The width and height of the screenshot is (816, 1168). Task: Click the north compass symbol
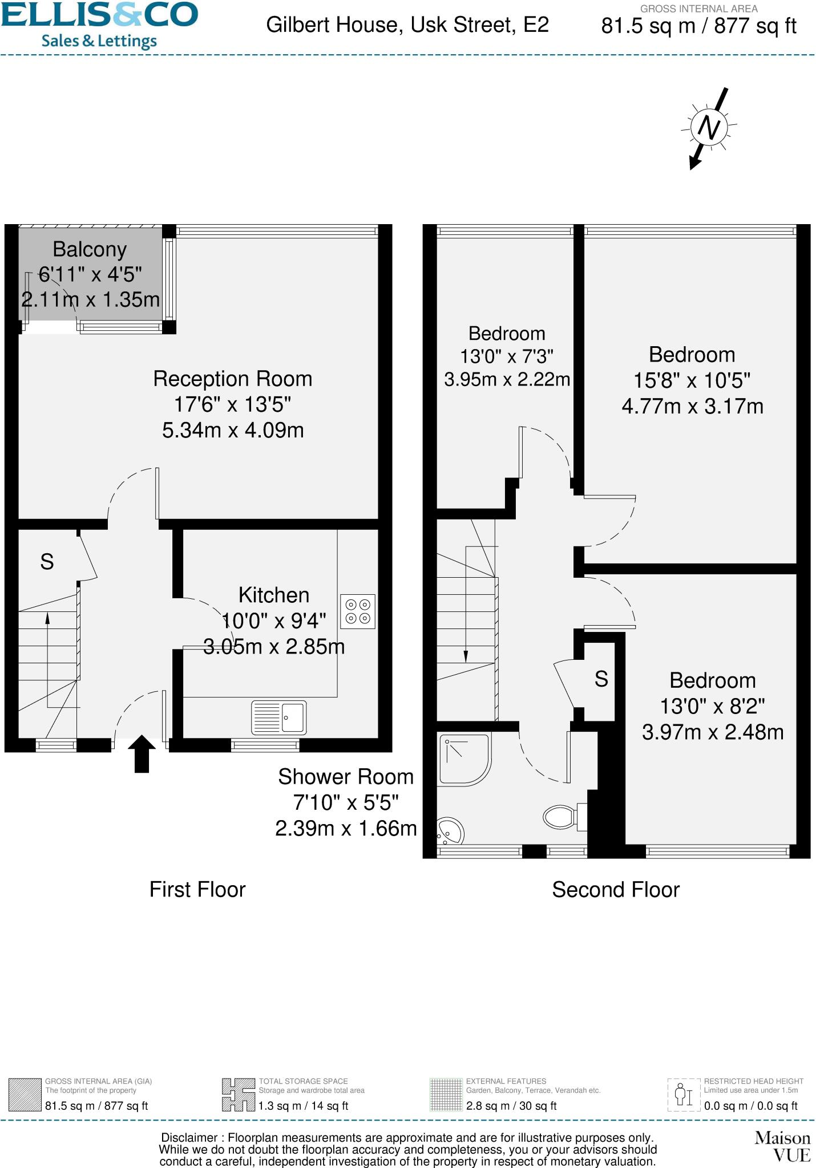709,128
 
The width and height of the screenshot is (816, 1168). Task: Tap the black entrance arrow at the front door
142,753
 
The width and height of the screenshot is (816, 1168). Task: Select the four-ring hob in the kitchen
358,612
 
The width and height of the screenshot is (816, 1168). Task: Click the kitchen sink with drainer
279,717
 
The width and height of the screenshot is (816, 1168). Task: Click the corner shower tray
464,759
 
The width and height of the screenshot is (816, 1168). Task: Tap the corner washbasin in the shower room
449,832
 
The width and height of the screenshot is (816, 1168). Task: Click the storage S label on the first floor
47,562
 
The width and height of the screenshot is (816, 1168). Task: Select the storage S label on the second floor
601,679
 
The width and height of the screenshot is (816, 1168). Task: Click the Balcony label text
90,250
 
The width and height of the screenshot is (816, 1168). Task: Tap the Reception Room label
233,379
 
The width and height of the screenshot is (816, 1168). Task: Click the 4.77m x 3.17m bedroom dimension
692,407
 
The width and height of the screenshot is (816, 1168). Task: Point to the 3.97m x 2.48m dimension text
713,732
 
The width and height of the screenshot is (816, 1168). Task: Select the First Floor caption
197,890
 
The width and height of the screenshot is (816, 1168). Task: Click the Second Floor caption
616,890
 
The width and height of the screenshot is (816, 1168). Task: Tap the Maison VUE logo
782,1146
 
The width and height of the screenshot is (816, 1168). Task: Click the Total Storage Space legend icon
239,1094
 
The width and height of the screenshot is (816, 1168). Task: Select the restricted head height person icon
684,1094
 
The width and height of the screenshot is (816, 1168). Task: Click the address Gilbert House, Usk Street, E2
407,25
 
